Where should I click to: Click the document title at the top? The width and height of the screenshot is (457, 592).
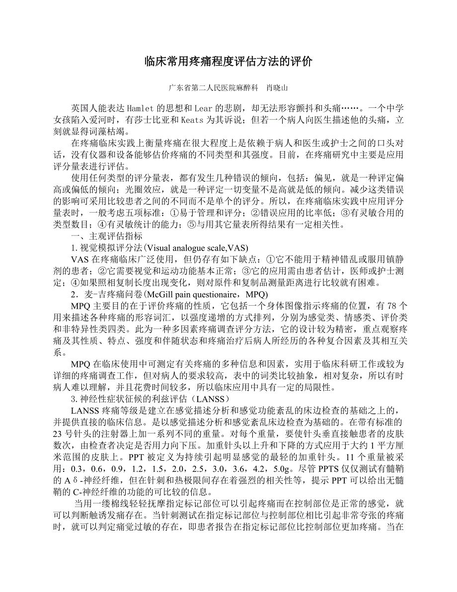(228, 62)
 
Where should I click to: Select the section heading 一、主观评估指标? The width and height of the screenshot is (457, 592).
(107, 236)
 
